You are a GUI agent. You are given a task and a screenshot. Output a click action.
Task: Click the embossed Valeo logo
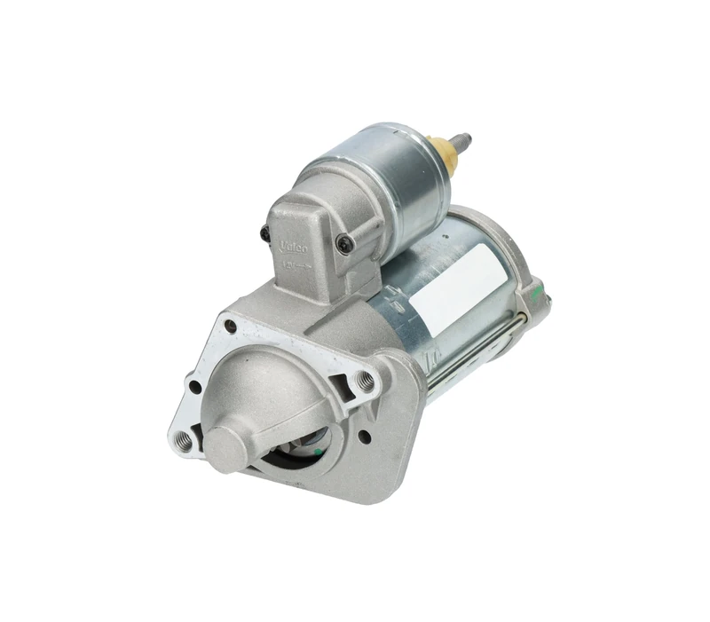tap(294, 244)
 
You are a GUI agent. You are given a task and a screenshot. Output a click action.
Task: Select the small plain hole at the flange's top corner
tap(231, 326)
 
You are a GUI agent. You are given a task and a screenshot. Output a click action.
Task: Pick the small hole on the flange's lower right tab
tap(364, 437)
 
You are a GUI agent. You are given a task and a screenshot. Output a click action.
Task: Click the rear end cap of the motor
tap(528, 284)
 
